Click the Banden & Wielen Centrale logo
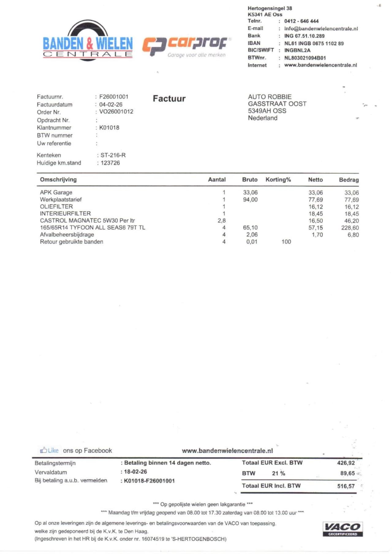point(88,41)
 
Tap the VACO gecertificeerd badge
point(342,529)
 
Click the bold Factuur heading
point(169,99)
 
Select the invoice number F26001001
point(114,97)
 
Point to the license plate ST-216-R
point(113,155)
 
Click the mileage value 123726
point(110,163)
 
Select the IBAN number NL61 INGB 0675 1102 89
point(314,43)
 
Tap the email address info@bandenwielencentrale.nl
point(321,28)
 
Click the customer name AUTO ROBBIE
point(269,97)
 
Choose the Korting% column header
point(278,180)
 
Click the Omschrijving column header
point(58,180)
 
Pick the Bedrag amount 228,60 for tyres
point(350,228)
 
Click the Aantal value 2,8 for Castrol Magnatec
point(221,221)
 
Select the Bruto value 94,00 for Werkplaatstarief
point(250,200)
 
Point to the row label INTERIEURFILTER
point(65,213)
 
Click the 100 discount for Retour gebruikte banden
point(286,242)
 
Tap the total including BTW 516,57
point(346,486)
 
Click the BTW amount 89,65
point(347,473)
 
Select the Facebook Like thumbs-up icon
point(43,450)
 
